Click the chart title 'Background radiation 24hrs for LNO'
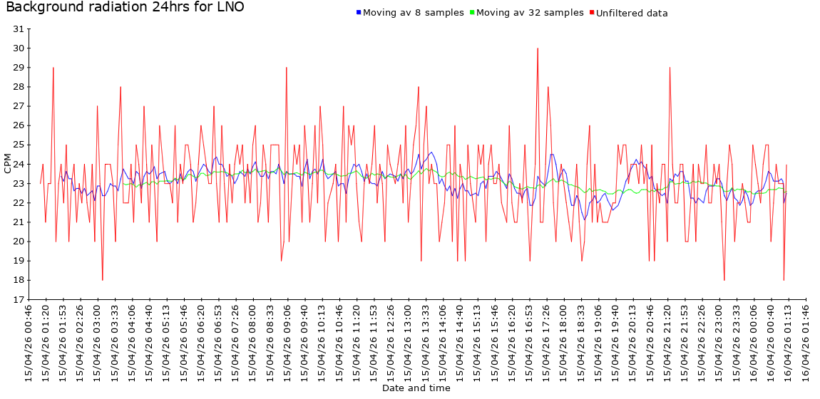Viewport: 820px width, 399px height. (x=125, y=8)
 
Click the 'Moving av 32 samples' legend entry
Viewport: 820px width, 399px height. (x=530, y=13)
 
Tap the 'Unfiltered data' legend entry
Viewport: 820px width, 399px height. (x=632, y=13)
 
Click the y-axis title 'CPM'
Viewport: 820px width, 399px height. (x=8, y=165)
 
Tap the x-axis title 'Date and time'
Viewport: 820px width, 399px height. (x=416, y=388)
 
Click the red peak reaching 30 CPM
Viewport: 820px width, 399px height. (x=538, y=49)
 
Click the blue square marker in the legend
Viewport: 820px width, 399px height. (x=359, y=13)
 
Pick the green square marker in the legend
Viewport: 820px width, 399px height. (x=472, y=13)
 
